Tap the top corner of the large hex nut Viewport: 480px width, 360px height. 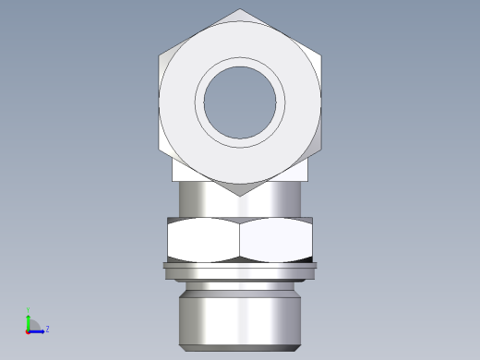pos(240,10)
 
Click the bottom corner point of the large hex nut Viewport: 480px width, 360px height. pos(240,195)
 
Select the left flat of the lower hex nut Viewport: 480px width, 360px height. pos(203,240)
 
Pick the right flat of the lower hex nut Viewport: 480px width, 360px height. pos(276,240)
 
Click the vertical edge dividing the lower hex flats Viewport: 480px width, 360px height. pos(240,240)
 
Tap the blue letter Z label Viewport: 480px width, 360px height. pos(47,329)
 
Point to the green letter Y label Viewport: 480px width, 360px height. pos(29,311)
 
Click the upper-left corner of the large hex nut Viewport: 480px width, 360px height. pos(160,54)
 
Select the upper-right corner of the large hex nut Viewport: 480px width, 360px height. pos(320,54)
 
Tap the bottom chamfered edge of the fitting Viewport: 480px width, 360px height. pos(240,348)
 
